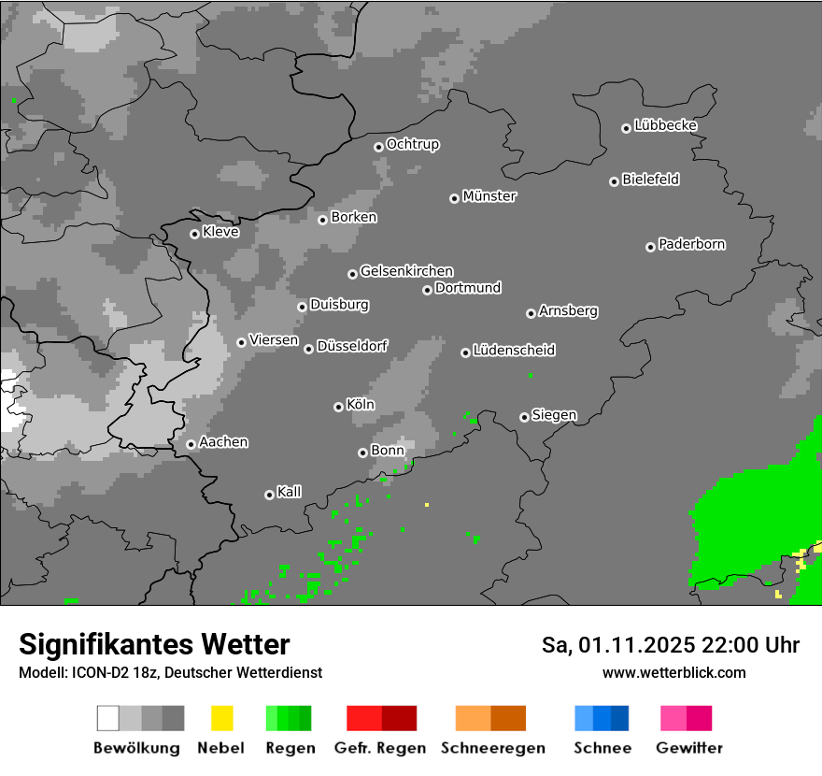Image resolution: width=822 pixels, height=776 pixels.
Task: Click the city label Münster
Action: point(489,196)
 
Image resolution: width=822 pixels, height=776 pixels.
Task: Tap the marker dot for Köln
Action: point(338,407)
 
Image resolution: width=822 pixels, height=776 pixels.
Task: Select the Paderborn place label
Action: point(692,244)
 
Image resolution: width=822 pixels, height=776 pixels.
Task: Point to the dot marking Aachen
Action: point(191,444)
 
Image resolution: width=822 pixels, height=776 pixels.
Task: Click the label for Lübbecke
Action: point(665,125)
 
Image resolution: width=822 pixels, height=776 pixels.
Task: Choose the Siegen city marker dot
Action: point(524,417)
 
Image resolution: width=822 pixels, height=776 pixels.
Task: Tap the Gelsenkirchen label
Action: point(406,271)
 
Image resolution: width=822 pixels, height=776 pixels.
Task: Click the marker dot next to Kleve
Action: point(194,234)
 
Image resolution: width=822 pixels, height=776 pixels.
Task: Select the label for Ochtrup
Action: point(413,144)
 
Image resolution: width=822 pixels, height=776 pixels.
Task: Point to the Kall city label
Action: point(290,492)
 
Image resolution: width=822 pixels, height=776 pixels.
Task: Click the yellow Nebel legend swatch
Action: point(221,718)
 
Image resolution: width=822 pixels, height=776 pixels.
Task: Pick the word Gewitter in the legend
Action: point(689,748)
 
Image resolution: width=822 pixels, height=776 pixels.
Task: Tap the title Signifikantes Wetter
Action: point(154,644)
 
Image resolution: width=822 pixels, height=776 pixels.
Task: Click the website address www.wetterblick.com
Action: point(673,672)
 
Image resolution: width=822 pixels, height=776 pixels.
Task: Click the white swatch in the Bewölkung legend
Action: point(107,718)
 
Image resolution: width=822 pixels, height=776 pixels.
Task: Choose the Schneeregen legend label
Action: point(492,748)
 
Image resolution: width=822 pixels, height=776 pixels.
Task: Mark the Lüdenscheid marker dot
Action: point(465,352)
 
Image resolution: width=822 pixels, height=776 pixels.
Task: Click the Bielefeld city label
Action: point(650,180)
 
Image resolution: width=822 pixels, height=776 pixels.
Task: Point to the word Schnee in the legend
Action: point(602,748)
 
